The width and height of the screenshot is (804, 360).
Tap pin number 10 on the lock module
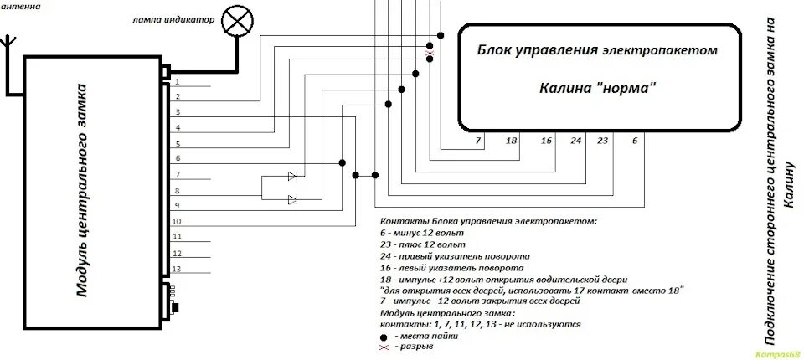pos(177,222)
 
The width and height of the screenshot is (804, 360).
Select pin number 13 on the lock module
pos(177,269)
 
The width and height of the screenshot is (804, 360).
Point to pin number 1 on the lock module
pos(177,81)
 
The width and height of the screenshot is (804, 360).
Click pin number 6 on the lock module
pos(177,159)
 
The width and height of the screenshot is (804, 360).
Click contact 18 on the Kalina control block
pos(512,141)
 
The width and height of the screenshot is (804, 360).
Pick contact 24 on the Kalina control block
pos(575,141)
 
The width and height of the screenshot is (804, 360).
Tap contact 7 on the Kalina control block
pos(478,141)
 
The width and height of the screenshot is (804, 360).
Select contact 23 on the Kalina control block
pos(602,141)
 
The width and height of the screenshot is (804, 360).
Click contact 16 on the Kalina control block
pos(546,141)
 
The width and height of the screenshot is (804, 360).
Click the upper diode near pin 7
pos(292,176)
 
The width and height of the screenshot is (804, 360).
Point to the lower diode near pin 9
pos(292,199)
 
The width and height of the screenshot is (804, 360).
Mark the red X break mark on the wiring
pos(430,54)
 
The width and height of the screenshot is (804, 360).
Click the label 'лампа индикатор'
pos(178,19)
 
